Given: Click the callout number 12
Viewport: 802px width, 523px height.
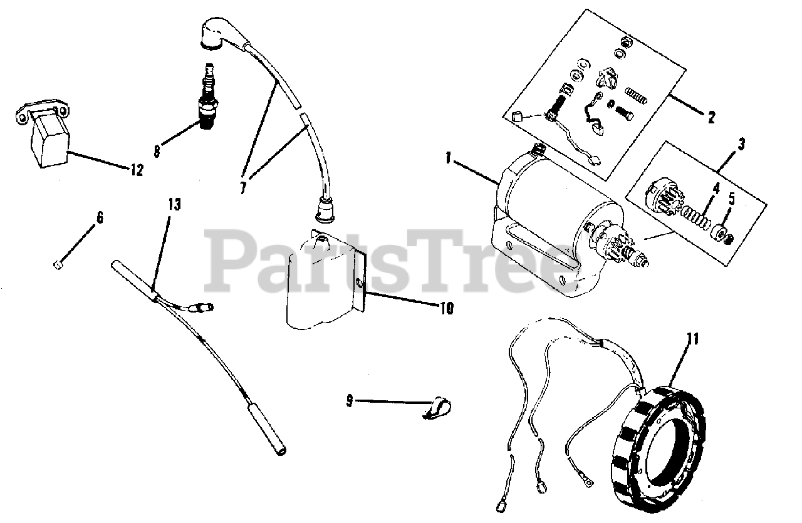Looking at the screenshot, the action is pos(135,170).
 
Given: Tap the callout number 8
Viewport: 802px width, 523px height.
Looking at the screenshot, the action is pos(157,151).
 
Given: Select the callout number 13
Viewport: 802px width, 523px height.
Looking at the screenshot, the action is pos(174,205).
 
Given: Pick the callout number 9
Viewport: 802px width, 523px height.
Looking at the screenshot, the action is pos(350,399).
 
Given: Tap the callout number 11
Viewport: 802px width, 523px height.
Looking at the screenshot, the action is pos(692,340).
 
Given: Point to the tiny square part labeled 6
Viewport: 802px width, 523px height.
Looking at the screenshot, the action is pos(56,264).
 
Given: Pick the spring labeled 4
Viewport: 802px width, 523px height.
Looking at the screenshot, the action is pos(695,219).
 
